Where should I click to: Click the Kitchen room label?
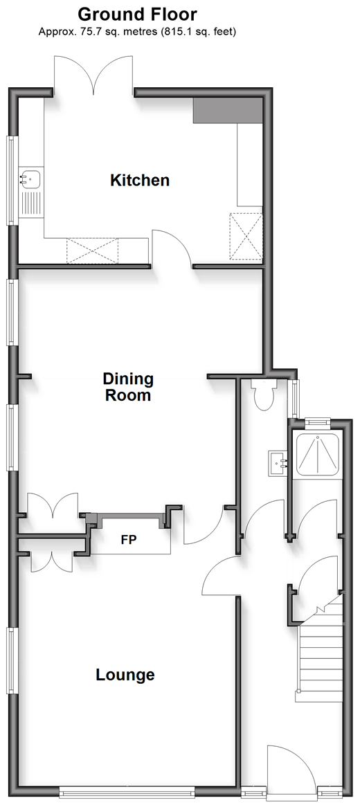pyautogui.click(x=140, y=180)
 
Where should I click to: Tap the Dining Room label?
pyautogui.click(x=127, y=387)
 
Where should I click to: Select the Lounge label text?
pyautogui.click(x=125, y=675)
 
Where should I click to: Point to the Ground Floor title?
pyautogui.click(x=138, y=13)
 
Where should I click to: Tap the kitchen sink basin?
pyautogui.click(x=30, y=178)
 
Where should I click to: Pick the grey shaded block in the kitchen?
pyautogui.click(x=228, y=111)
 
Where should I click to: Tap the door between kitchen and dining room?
pyautogui.click(x=172, y=248)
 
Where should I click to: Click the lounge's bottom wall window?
pyautogui.click(x=127, y=792)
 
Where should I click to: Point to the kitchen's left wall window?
pyautogui.click(x=12, y=180)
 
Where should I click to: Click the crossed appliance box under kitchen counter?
pyautogui.click(x=92, y=250)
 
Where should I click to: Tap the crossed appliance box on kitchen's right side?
pyautogui.click(x=246, y=237)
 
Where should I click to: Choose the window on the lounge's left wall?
pyautogui.click(x=12, y=660)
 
